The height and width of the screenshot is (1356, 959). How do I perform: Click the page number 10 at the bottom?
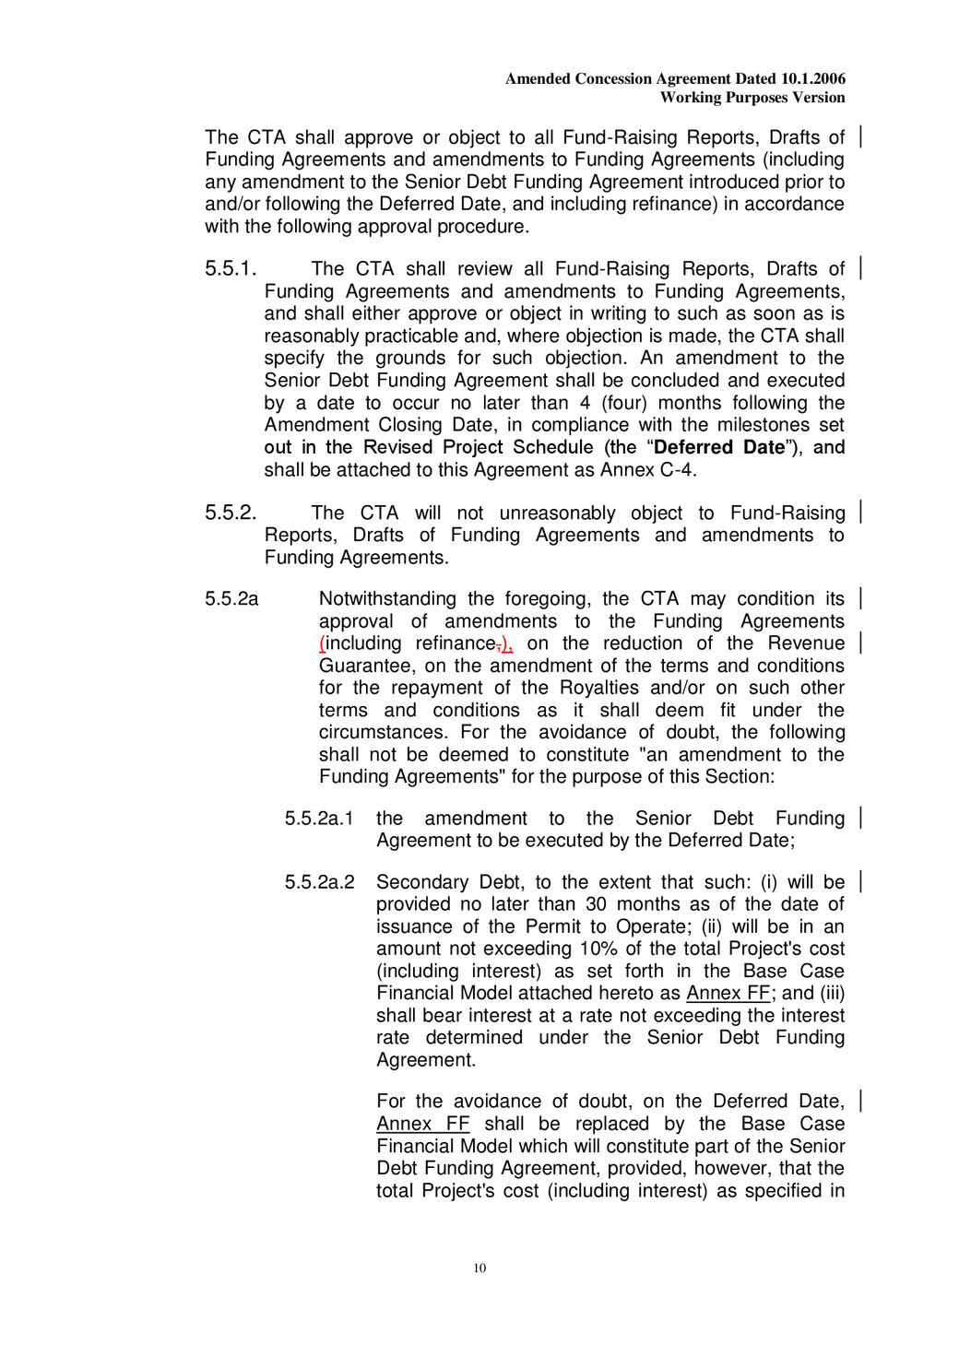479,1268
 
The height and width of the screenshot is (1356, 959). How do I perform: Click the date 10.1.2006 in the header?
812,79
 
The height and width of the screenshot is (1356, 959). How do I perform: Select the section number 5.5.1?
231,269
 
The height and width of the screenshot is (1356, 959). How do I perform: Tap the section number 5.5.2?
231,513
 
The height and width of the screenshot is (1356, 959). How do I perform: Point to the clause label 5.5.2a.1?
319,819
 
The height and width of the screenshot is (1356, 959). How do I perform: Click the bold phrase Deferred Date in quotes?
719,448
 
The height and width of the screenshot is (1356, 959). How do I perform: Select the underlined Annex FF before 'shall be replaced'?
422,1125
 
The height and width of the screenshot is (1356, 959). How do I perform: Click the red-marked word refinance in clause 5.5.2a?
456,643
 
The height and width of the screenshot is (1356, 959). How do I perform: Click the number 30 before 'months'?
596,904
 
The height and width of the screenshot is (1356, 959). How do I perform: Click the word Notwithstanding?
387,599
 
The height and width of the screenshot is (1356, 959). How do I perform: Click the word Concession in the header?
616,79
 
